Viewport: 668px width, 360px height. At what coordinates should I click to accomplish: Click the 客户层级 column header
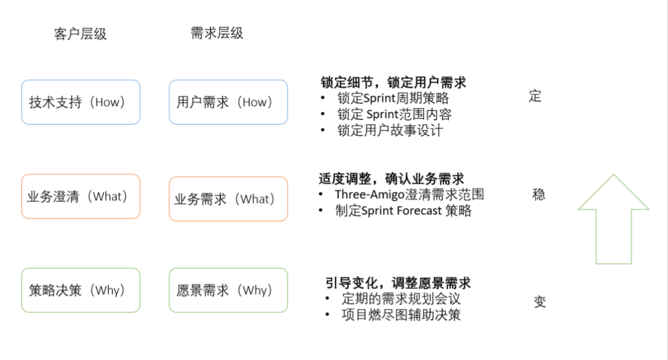coord(80,34)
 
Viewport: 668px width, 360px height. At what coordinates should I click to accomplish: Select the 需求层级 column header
coord(217,33)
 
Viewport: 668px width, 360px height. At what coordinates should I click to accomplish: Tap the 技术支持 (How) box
coord(81,102)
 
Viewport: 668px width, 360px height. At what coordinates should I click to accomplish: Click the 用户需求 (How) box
coord(228,102)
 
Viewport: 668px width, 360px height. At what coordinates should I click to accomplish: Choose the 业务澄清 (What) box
coord(81,196)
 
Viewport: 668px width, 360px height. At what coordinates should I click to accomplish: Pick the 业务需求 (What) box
coord(228,199)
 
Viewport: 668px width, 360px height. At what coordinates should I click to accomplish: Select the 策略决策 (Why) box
coord(81,290)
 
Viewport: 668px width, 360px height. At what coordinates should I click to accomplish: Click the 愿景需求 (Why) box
coord(228,290)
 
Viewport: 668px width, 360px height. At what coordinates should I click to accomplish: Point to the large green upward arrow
coord(613,219)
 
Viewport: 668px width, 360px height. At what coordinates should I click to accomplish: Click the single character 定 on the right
coord(535,97)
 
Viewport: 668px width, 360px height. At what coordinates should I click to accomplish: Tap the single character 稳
coord(538,195)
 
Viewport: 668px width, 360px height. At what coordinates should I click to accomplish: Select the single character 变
coord(539,302)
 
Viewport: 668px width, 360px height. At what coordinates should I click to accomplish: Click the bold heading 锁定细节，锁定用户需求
coord(393,82)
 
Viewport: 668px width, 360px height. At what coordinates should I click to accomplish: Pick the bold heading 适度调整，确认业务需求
coord(391,179)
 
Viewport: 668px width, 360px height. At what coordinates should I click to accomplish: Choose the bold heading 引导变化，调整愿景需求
coord(398,283)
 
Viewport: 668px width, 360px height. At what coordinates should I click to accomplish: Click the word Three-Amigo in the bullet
coord(369,195)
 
